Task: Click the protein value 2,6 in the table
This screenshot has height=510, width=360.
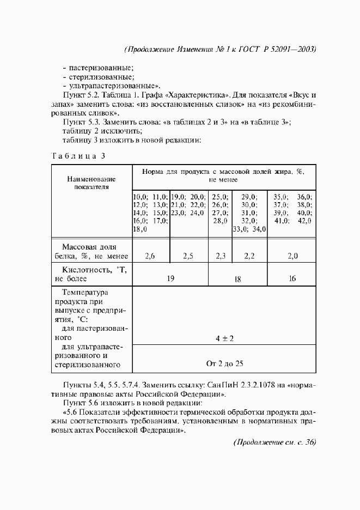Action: pos(151,255)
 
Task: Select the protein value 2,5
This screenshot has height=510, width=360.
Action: pos(188,255)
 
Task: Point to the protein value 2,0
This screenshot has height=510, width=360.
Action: pos(292,255)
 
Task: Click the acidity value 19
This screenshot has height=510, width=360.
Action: pos(170,278)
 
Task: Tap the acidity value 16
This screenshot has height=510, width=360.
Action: pos(292,278)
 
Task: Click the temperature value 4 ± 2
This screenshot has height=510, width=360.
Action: pos(224,338)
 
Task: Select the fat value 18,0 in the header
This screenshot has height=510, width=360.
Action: pos(141,229)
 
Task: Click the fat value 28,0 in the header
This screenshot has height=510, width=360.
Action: pos(219,221)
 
